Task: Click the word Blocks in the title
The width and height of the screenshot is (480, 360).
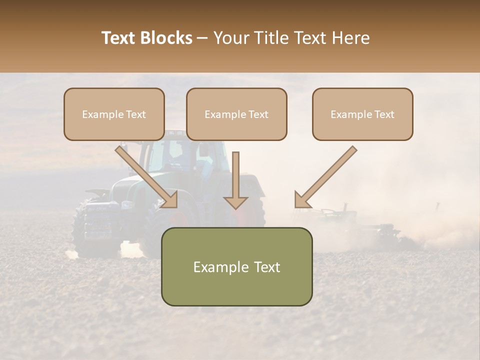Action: pos(167,38)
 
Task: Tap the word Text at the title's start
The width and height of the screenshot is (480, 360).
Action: pos(118,38)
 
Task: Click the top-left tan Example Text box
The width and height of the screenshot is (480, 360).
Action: pos(114,114)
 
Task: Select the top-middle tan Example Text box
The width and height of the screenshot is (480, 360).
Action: pos(236,114)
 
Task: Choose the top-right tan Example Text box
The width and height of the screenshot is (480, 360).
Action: pos(362,114)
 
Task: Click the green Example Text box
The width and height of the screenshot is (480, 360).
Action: pos(236,266)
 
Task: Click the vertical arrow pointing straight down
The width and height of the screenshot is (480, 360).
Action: pos(235,180)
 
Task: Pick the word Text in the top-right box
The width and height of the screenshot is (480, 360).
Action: pos(383,114)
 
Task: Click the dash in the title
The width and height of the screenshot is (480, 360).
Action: pos(202,38)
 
